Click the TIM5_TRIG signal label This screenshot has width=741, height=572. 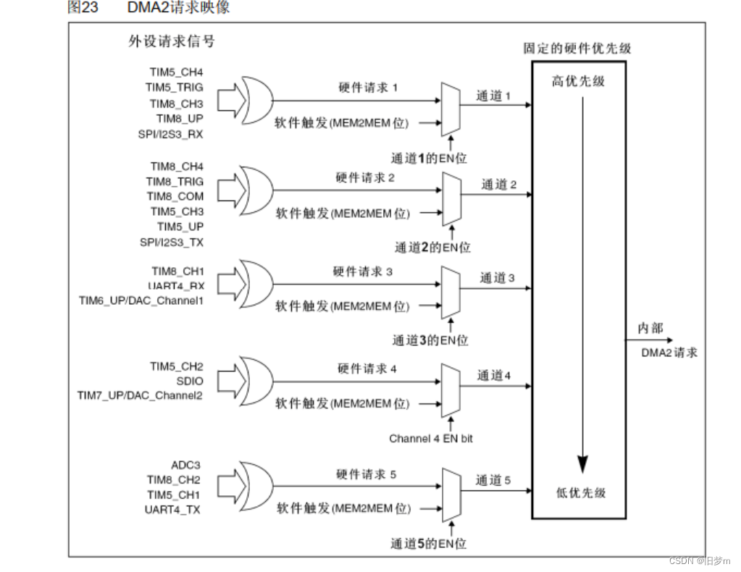(x=174, y=88)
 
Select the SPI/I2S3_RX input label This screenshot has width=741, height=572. (x=171, y=135)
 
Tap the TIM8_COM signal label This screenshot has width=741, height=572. (x=175, y=196)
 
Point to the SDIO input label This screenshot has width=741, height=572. (x=190, y=381)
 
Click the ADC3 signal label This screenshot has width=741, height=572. (x=185, y=465)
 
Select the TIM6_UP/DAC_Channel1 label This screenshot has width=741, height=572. (x=141, y=300)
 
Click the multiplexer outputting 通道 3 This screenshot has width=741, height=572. (x=451, y=290)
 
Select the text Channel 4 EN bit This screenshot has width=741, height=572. (x=431, y=438)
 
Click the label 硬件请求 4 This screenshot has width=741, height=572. (x=367, y=369)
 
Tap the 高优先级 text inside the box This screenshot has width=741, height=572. (x=578, y=81)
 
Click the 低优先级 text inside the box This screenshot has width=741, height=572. (x=580, y=492)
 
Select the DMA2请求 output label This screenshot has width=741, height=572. (x=669, y=353)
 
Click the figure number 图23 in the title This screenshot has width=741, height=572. (x=83, y=7)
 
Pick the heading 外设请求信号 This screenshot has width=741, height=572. (x=171, y=41)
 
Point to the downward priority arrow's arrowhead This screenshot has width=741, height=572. (x=582, y=464)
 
